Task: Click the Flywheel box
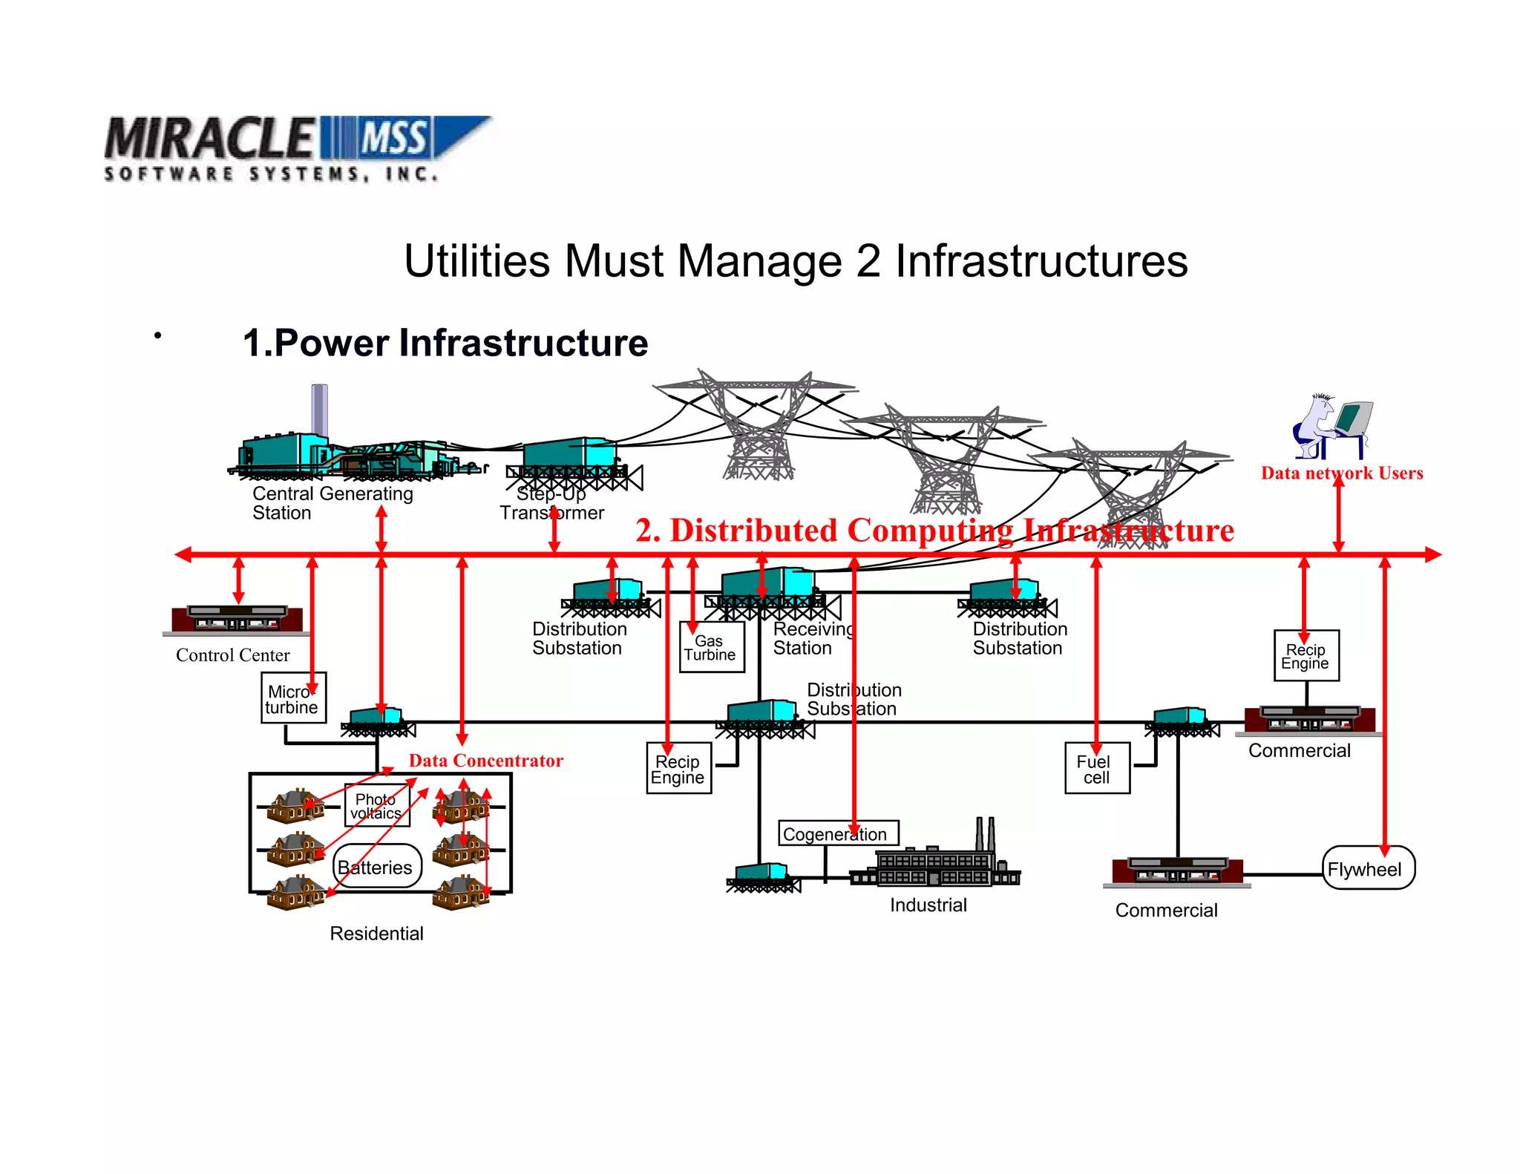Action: coord(1368,868)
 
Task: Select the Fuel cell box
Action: coord(1097,768)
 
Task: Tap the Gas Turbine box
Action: coord(711,647)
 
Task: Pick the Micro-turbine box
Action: coord(293,698)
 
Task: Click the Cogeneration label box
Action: coord(838,833)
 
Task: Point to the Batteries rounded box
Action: coord(377,866)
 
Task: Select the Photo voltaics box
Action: coord(377,805)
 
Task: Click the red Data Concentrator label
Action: coord(485,761)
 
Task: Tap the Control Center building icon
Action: coord(236,618)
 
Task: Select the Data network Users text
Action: coord(1341,473)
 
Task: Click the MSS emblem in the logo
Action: coord(393,138)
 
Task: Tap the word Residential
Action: coord(376,933)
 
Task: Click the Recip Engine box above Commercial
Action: coord(1306,655)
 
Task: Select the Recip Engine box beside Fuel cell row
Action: coord(678,769)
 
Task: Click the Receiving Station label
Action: coord(813,638)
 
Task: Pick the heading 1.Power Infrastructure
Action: coord(445,343)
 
